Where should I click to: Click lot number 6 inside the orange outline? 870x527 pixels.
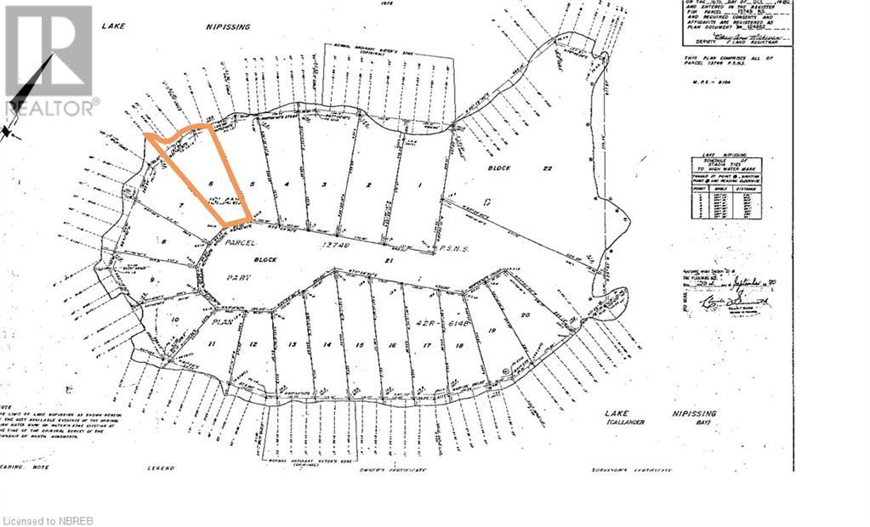[209, 184]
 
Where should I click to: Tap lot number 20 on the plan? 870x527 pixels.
[526, 315]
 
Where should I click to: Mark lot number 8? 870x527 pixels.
[164, 241]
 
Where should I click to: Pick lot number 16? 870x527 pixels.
[392, 346]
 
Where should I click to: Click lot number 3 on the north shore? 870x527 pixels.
[324, 184]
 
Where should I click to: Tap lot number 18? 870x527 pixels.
[459, 346]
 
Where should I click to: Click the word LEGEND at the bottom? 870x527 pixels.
[160, 468]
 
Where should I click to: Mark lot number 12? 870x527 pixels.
[253, 344]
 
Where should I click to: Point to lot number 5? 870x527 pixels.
[253, 184]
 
